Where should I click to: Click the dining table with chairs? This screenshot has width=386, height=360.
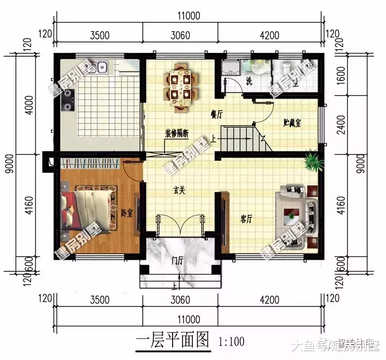(180, 84)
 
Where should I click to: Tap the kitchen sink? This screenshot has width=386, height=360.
(101, 68)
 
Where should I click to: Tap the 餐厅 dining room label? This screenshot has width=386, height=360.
(216, 114)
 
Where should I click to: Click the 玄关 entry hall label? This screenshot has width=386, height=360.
(178, 190)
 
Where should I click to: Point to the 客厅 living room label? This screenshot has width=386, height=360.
(246, 219)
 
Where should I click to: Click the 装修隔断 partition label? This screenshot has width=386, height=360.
(177, 133)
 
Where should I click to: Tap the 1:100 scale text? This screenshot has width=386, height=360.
(232, 341)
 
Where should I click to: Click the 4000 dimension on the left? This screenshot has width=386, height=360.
(22, 104)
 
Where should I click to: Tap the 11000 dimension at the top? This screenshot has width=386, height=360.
(189, 17)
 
